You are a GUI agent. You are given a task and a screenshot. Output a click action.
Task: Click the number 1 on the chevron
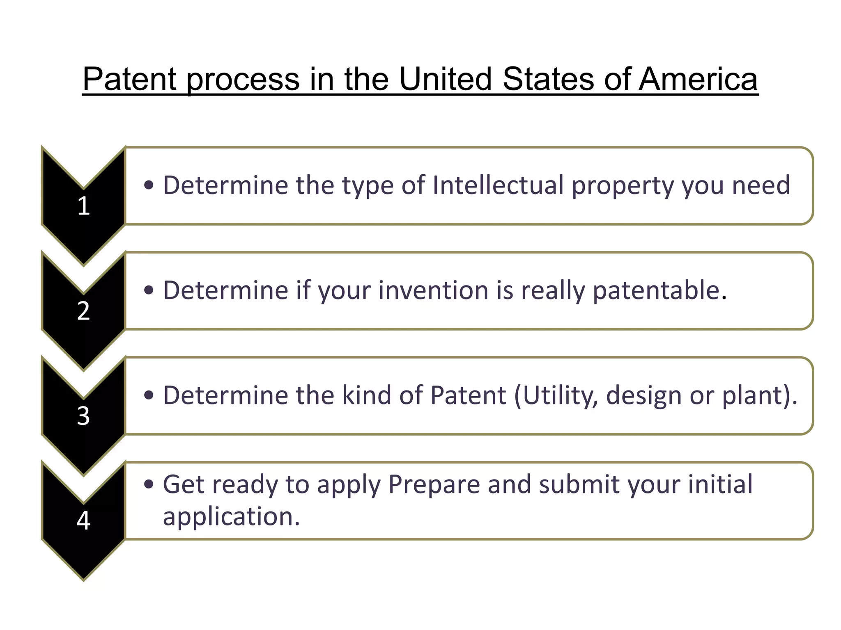83,206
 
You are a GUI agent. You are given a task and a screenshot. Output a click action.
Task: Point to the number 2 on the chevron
83,311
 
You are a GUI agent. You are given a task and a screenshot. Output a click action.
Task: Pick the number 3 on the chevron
83,416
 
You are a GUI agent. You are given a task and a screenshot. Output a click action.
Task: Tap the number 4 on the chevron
83,521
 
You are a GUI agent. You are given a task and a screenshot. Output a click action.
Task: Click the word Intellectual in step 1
498,185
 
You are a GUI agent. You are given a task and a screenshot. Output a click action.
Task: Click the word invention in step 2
434,290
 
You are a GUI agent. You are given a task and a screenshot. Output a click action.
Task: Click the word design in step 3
644,396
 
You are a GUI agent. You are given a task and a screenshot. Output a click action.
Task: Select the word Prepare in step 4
434,485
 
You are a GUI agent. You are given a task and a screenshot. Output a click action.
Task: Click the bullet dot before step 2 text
149,290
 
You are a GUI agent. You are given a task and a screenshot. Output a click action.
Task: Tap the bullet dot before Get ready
149,484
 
